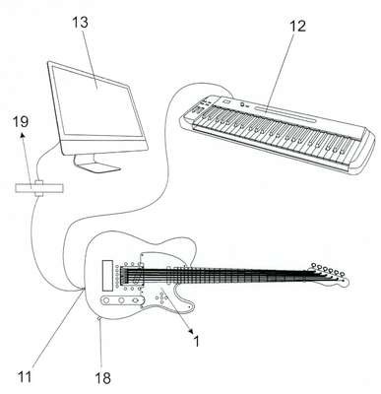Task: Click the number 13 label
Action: tap(80, 23)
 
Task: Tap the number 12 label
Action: tap(296, 26)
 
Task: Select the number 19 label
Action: tap(21, 121)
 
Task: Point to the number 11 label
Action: tap(25, 376)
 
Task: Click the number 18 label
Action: tap(103, 378)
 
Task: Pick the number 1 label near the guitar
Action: tap(196, 342)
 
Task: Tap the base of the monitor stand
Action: tap(97, 166)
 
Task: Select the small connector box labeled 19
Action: tap(39, 188)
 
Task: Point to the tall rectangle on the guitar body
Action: tap(107, 276)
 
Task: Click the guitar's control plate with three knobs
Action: tap(121, 300)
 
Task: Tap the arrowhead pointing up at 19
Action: tap(23, 135)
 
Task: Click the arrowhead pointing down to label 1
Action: tap(190, 331)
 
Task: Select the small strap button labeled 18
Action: tap(99, 318)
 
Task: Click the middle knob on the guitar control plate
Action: tap(121, 300)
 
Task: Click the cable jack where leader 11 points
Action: tap(83, 289)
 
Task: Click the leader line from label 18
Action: tap(101, 345)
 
